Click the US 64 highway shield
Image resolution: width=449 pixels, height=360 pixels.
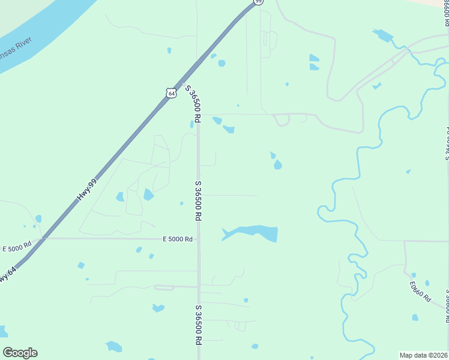[x=172, y=94]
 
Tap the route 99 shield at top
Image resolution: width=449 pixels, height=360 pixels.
[x=258, y=2]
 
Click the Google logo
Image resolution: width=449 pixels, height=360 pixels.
[x=20, y=353]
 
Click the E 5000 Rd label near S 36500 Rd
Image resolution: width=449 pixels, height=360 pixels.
[x=178, y=239]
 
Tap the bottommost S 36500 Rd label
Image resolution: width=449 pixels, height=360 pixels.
[x=197, y=324]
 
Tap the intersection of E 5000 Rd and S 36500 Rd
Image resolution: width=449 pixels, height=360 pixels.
[x=198, y=239]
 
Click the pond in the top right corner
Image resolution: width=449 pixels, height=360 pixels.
[x=382, y=35]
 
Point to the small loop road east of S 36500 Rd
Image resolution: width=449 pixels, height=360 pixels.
[x=282, y=119]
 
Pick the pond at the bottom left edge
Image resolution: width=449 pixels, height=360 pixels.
[x=2, y=331]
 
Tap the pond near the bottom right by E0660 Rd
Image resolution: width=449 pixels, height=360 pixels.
[x=415, y=317]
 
